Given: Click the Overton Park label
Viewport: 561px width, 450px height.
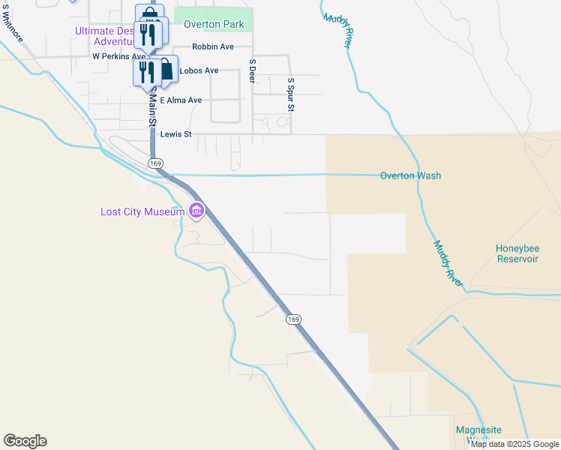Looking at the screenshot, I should point(213,25).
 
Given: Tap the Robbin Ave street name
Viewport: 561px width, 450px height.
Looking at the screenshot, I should point(213,46).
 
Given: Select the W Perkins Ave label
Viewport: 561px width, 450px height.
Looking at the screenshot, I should point(118,56).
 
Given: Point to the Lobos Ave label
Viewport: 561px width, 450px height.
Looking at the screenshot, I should point(198,70).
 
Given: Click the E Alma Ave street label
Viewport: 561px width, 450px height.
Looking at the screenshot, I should point(181,100).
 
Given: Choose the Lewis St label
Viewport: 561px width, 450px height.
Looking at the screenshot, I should point(176,134).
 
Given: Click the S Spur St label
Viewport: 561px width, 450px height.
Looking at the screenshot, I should point(290,94).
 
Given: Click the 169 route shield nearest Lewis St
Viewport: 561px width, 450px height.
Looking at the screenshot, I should point(155,163).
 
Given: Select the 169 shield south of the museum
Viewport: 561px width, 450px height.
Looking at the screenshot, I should point(293,319).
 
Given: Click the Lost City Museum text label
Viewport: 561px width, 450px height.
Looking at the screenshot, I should point(142,212).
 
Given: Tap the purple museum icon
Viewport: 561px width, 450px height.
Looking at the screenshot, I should point(196,211).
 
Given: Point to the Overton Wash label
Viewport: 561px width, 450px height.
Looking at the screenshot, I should point(410,176).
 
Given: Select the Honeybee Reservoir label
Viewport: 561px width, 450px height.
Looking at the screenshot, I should point(517,253).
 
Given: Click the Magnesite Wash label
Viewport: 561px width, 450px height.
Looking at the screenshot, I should point(478,434).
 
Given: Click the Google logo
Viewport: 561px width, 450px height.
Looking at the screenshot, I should point(25,441).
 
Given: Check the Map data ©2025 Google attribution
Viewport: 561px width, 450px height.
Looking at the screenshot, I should point(514,444).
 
